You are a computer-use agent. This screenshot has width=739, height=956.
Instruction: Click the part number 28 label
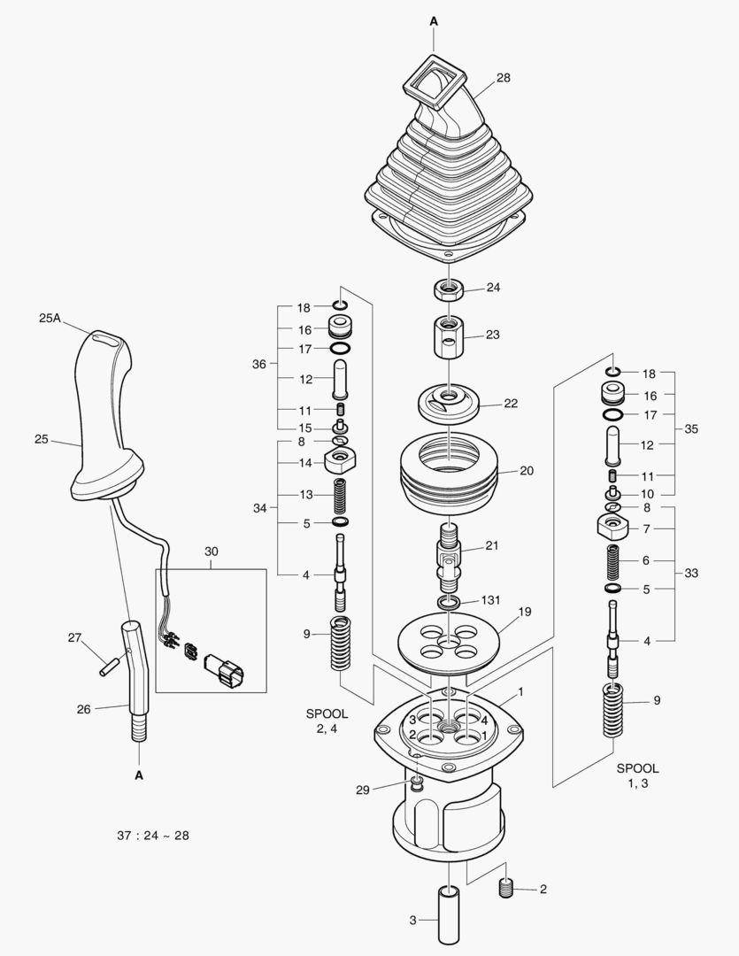pyautogui.click(x=503, y=78)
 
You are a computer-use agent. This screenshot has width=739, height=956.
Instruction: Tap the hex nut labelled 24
pyautogui.click(x=448, y=289)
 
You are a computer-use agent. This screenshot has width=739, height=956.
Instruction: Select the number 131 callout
pyautogui.click(x=491, y=599)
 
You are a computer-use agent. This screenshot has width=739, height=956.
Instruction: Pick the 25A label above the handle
pyautogui.click(x=50, y=318)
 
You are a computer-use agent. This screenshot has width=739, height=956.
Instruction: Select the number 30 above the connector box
pyautogui.click(x=211, y=551)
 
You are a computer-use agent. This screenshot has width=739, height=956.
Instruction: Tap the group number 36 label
pyautogui.click(x=258, y=363)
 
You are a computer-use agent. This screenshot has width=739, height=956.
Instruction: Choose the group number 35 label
pyautogui.click(x=691, y=428)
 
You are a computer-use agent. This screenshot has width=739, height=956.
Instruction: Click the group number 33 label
pyautogui.click(x=691, y=573)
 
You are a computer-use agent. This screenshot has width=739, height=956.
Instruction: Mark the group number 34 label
pyautogui.click(x=258, y=508)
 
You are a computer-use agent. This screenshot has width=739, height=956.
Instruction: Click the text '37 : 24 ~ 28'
pyautogui.click(x=152, y=836)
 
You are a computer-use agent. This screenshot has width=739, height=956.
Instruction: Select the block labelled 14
pyautogui.click(x=340, y=460)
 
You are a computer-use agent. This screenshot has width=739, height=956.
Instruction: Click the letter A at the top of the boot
pyautogui.click(x=434, y=19)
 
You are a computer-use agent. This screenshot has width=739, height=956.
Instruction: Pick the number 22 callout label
pyautogui.click(x=511, y=403)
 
